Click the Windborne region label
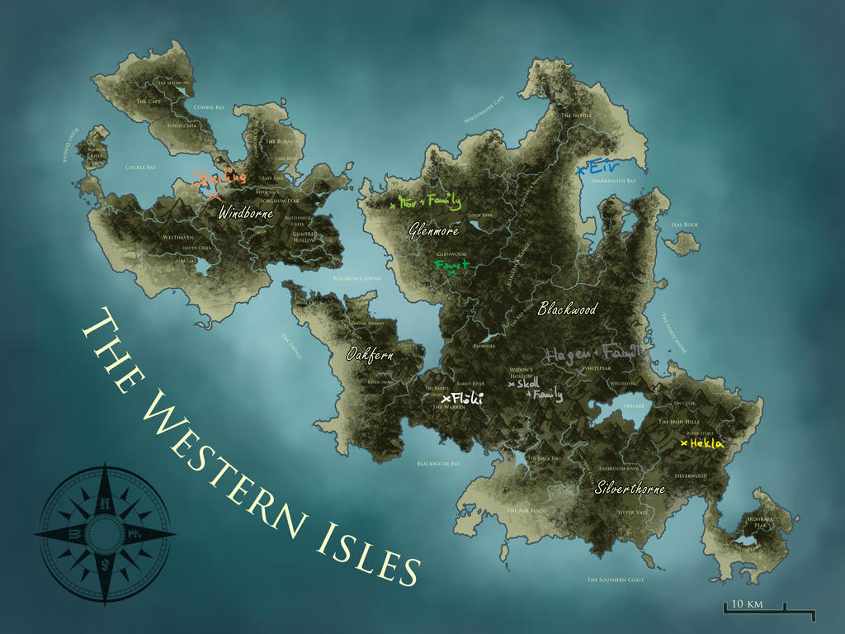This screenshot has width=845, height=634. click(245, 214)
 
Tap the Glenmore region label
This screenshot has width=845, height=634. click(433, 231)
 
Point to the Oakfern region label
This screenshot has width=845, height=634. click(370, 356)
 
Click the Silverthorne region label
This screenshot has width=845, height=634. click(630, 489)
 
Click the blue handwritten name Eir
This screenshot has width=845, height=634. click(599, 168)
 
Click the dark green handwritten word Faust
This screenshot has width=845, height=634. click(451, 266)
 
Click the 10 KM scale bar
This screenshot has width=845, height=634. click(768, 609)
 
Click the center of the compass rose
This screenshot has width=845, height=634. click(105, 534)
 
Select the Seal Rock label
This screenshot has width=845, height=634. click(684, 225)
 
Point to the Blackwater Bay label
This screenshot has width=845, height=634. click(438, 464)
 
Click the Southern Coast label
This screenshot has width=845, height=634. click(615, 580)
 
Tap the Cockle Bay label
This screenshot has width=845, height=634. click(140, 168)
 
